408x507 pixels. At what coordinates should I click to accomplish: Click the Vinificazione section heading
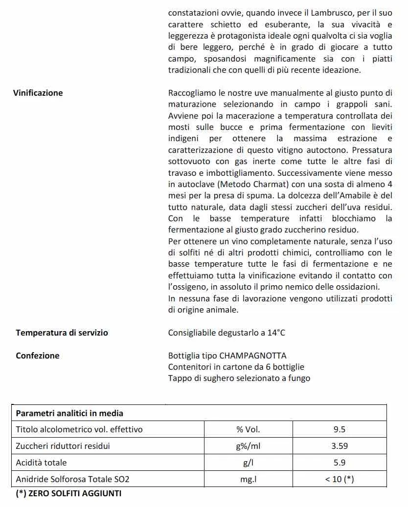pyautogui.click(x=38, y=93)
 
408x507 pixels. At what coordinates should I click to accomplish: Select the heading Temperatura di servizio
pyautogui.click(x=62, y=333)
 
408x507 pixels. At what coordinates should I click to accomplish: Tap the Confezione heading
pyautogui.click(x=38, y=356)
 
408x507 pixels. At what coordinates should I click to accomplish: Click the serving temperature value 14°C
pyautogui.click(x=276, y=333)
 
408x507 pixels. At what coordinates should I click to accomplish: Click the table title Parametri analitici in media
pyautogui.click(x=69, y=413)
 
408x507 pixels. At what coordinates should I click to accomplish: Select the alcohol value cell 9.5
pyautogui.click(x=340, y=430)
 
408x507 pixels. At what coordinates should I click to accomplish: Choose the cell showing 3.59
pyautogui.click(x=340, y=446)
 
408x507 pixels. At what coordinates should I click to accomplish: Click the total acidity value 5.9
pyautogui.click(x=340, y=463)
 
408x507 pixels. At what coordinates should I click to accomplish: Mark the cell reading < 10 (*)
pyautogui.click(x=340, y=479)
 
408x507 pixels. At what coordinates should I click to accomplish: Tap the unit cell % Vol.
pyautogui.click(x=248, y=430)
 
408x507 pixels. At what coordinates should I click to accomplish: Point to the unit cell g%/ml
pyautogui.click(x=248, y=446)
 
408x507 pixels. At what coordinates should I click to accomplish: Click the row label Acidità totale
pyautogui.click(x=41, y=463)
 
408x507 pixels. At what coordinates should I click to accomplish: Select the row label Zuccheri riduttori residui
pyautogui.click(x=63, y=446)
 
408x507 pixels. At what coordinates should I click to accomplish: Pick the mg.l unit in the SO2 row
pyautogui.click(x=248, y=479)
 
